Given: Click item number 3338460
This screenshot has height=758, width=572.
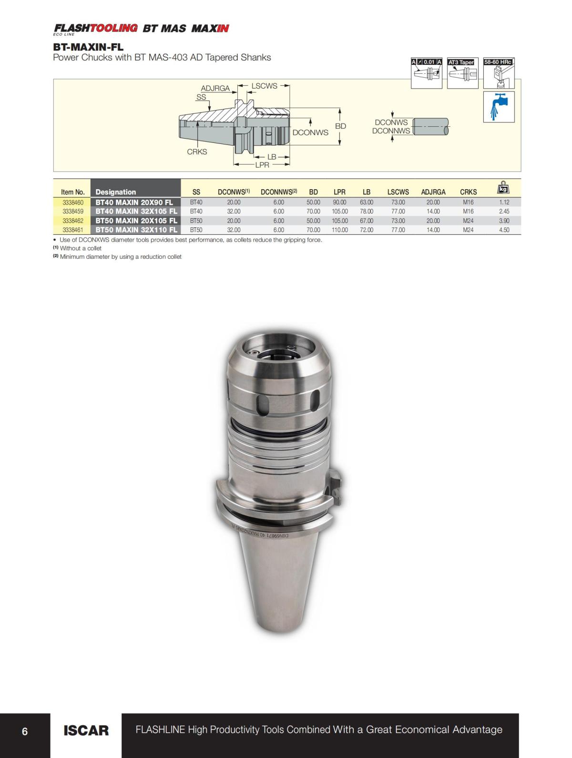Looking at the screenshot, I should (x=73, y=202).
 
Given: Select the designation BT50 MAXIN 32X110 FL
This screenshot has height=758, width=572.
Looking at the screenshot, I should (x=136, y=230).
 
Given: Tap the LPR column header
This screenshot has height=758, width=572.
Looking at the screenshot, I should (x=339, y=192).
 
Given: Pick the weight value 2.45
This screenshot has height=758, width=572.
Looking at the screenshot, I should (x=504, y=212).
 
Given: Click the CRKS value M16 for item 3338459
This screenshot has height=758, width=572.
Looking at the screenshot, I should (x=468, y=212).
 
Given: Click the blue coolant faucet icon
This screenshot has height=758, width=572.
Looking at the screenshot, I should (x=499, y=106).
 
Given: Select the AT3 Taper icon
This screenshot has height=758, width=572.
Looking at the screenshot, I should (x=462, y=73).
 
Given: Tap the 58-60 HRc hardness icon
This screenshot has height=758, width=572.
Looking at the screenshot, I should (x=499, y=73).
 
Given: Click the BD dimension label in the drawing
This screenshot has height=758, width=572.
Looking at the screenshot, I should (x=340, y=126).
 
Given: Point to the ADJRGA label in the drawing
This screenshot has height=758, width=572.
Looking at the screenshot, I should (x=215, y=89).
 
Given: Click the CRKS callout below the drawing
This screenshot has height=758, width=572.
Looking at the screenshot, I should (x=197, y=152).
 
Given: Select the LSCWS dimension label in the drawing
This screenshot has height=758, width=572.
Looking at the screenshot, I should (x=264, y=86).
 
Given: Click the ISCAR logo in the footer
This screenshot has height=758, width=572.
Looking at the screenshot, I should (x=86, y=730).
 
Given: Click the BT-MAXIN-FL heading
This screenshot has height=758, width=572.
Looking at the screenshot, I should (x=88, y=47).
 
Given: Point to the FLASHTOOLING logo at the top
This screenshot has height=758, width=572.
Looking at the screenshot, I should (x=96, y=28).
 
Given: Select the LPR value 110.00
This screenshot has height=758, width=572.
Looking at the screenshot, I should (x=339, y=230).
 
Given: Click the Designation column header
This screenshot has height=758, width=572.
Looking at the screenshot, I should (x=116, y=192).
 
